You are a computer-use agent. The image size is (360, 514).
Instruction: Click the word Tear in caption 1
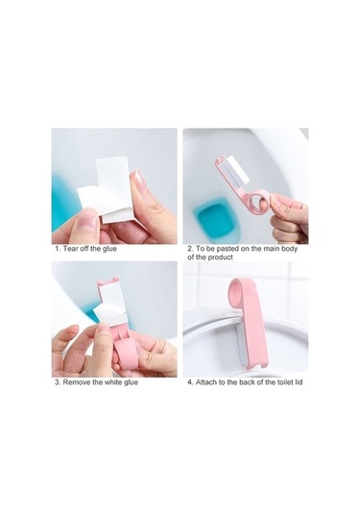click(x=70, y=249)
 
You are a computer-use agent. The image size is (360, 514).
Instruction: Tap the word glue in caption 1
click(x=109, y=249)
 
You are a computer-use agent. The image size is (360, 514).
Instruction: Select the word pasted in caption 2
click(x=228, y=249)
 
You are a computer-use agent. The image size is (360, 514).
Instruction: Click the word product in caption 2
click(x=221, y=257)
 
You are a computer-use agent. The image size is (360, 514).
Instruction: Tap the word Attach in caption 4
click(x=206, y=382)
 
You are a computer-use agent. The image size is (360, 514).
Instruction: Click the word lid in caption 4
click(x=299, y=382)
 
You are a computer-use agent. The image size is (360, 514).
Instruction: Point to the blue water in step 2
click(x=214, y=218)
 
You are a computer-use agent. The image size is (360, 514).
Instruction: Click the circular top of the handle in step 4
click(x=236, y=287)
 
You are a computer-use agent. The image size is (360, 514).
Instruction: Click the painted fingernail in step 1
click(x=139, y=180)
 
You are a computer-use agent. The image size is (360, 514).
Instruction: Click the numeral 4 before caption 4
click(x=189, y=382)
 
